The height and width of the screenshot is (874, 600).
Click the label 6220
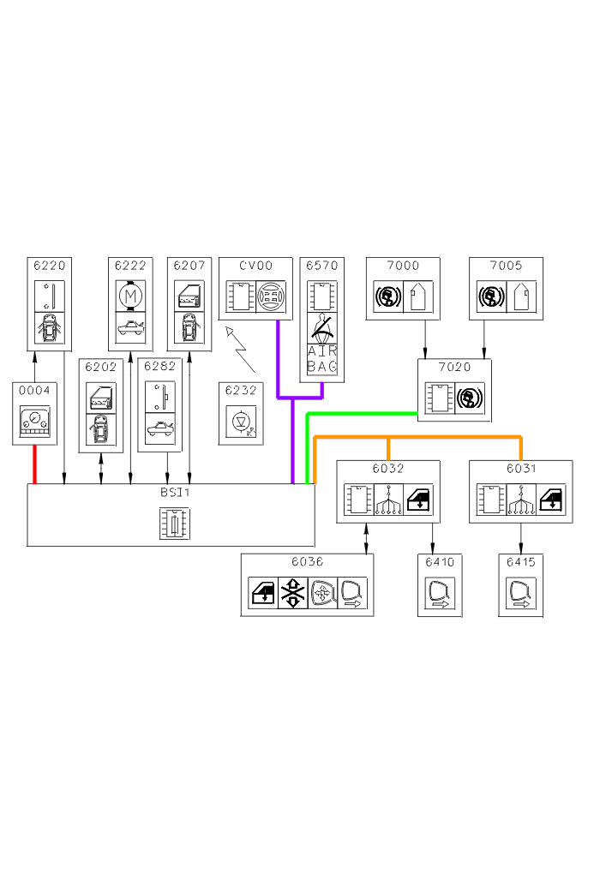tap(49, 266)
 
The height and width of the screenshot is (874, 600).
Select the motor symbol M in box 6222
tap(130, 296)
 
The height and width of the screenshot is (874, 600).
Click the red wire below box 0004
tap(35, 464)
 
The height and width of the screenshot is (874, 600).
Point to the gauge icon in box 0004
tap(35, 422)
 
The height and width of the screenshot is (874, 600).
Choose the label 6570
tap(321, 266)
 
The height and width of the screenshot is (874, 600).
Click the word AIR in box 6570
tap(322, 350)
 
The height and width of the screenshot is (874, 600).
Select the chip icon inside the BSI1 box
tap(174, 524)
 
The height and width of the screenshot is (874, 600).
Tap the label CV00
tap(255, 266)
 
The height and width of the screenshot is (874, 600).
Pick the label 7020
tap(454, 368)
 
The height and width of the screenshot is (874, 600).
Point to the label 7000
tap(403, 266)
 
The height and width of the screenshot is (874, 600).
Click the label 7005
tap(506, 266)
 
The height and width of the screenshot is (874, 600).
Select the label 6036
tap(307, 562)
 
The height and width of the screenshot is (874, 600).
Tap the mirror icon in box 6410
tap(440, 594)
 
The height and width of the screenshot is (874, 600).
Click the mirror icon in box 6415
tap(521, 594)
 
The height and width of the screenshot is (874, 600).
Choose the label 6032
tap(387, 469)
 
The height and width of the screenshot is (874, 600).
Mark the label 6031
tap(521, 469)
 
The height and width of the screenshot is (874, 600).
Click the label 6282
tap(159, 366)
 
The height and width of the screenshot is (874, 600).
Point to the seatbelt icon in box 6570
tap(322, 327)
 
